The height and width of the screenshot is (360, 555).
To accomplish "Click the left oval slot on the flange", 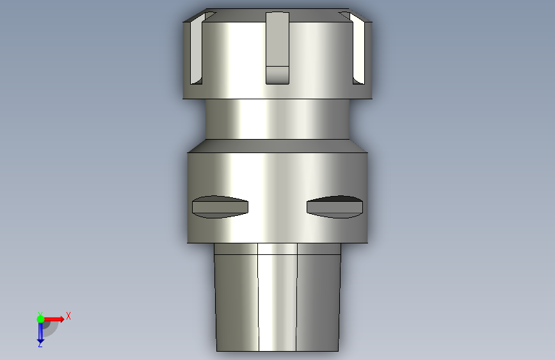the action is pos(220,207).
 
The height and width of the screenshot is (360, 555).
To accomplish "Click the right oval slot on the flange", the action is pos(335,207).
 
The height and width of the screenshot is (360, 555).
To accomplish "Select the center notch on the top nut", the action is pos(278,48).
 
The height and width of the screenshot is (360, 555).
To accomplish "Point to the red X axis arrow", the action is pos(53,319).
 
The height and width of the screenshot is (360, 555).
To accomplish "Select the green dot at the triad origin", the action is pos(40,319).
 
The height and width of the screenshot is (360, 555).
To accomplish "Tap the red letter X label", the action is pos(68,316).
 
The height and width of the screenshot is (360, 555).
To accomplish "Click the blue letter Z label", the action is pos(40,344).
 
